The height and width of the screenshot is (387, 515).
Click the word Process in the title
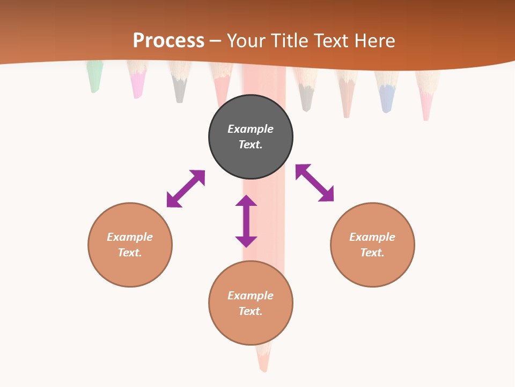[x=168, y=41]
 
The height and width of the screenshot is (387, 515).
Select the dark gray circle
[x=251, y=137]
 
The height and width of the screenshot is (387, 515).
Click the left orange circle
[x=130, y=245]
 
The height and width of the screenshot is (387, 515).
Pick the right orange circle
[x=372, y=245]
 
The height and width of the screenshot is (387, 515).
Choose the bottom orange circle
[x=251, y=303]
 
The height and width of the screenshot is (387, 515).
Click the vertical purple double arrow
[x=246, y=221]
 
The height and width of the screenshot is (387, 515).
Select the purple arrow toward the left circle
[x=186, y=189]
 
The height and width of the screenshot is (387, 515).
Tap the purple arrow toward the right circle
[x=315, y=183]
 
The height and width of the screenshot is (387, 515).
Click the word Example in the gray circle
[x=251, y=129]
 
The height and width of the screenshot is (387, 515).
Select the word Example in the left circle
[x=130, y=237]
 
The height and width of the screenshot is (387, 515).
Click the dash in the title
[x=215, y=41]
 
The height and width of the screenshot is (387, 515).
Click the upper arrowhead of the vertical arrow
[x=246, y=201]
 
